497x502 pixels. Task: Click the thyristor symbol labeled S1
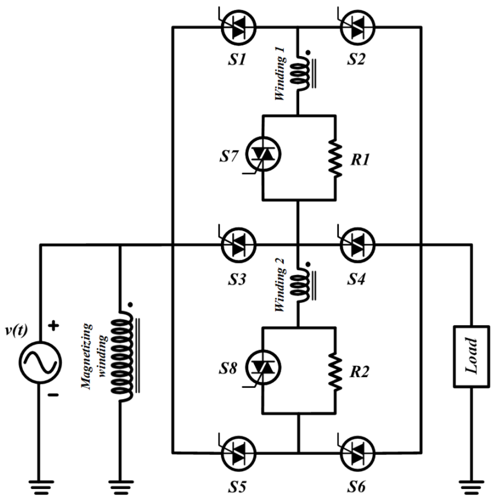(238, 27)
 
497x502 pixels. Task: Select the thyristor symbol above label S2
(357, 27)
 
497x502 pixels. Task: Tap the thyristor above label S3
(238, 245)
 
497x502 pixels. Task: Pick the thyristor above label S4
(357, 245)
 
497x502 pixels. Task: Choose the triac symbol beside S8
(263, 367)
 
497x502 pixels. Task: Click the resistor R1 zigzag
(335, 159)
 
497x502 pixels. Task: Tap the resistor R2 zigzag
(335, 371)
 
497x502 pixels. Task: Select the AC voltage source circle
(40, 362)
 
